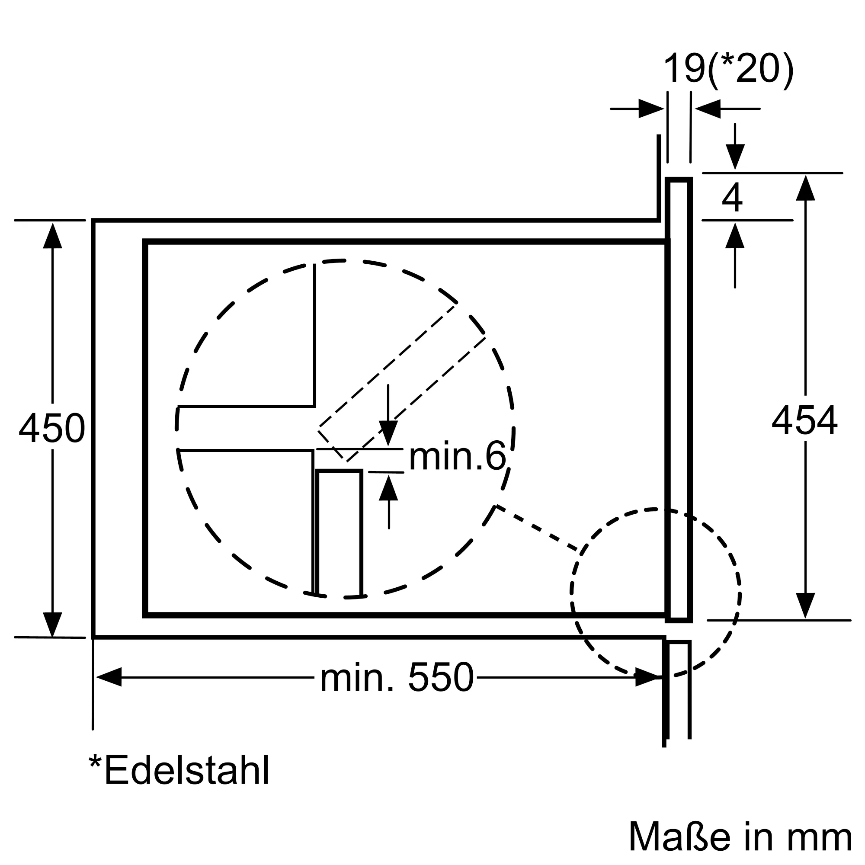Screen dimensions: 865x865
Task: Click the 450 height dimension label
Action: click(x=52, y=429)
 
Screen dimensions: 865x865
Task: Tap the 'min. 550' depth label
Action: click(x=397, y=678)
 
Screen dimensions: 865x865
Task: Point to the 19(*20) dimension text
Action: click(x=728, y=68)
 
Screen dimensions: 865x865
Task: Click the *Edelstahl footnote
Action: click(x=179, y=770)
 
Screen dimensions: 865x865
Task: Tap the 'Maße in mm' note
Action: click(x=740, y=836)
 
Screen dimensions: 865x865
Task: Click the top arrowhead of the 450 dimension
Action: click(x=52, y=236)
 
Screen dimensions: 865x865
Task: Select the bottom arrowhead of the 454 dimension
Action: click(x=805, y=605)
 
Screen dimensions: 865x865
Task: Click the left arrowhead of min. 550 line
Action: click(x=109, y=677)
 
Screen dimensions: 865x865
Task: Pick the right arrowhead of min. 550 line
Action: click(x=648, y=677)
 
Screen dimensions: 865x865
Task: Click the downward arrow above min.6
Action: click(x=388, y=432)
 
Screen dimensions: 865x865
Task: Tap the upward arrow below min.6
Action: click(x=388, y=488)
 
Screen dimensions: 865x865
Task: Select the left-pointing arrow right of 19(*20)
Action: click(x=708, y=109)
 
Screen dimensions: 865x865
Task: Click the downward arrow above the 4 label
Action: click(x=735, y=156)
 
